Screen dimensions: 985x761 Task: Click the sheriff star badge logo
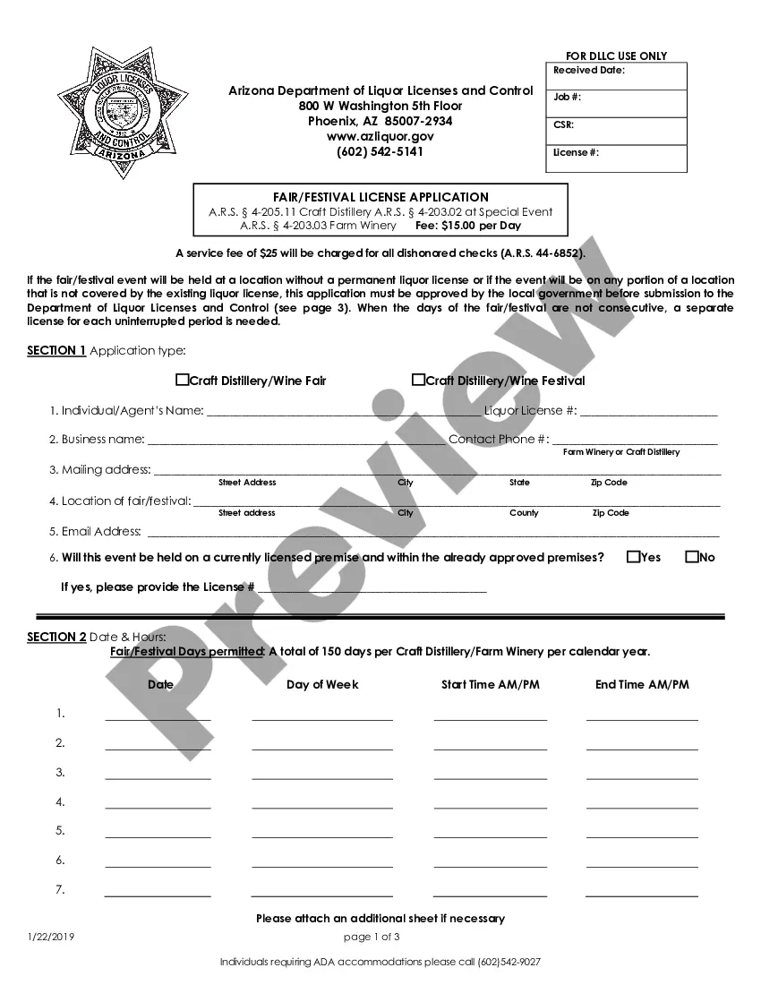pos(112,114)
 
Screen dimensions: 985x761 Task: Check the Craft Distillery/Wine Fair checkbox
pos(182,380)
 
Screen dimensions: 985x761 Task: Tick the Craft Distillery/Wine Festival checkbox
pos(418,380)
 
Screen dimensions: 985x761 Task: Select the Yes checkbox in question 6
pos(633,557)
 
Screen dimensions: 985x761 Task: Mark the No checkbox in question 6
pos(691,557)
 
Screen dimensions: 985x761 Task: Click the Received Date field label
pos(589,70)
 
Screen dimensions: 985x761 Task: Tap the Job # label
pos(567,97)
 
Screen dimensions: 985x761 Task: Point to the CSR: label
pos(563,125)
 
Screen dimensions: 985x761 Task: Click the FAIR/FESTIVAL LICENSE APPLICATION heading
pos(380,197)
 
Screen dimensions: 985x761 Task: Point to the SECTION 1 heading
pos(56,350)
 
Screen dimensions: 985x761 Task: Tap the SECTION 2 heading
pos(56,637)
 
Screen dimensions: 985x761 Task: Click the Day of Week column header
pos(322,684)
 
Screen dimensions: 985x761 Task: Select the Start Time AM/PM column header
pos(491,684)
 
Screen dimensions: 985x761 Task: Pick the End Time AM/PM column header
pos(642,684)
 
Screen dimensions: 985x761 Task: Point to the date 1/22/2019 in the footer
pos(50,937)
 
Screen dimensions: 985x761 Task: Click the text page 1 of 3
pos(372,937)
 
